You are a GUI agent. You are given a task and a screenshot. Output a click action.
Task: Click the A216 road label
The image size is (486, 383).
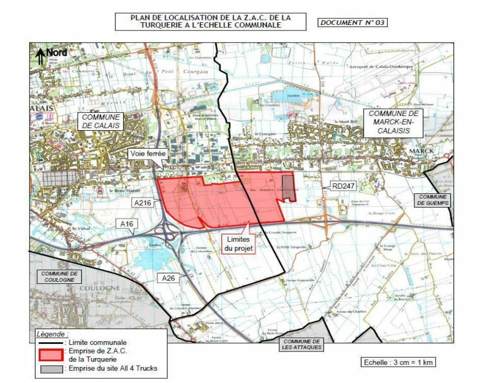[x=144, y=202]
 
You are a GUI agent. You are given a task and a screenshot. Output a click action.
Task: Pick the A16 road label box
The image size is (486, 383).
[x=126, y=223]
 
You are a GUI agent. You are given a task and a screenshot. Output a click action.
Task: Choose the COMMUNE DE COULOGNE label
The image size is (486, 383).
[x=59, y=276]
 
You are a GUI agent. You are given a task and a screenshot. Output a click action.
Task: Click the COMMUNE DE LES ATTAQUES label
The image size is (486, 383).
[x=301, y=344]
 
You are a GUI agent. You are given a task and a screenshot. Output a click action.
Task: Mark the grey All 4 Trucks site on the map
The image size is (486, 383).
[x=288, y=188]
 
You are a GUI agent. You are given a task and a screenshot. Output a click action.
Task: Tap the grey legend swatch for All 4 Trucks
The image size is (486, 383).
[x=50, y=369]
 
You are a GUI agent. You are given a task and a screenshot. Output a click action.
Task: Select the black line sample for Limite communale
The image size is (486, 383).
[x=50, y=343]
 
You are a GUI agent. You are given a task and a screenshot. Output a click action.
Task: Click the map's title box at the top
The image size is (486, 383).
[x=211, y=21]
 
